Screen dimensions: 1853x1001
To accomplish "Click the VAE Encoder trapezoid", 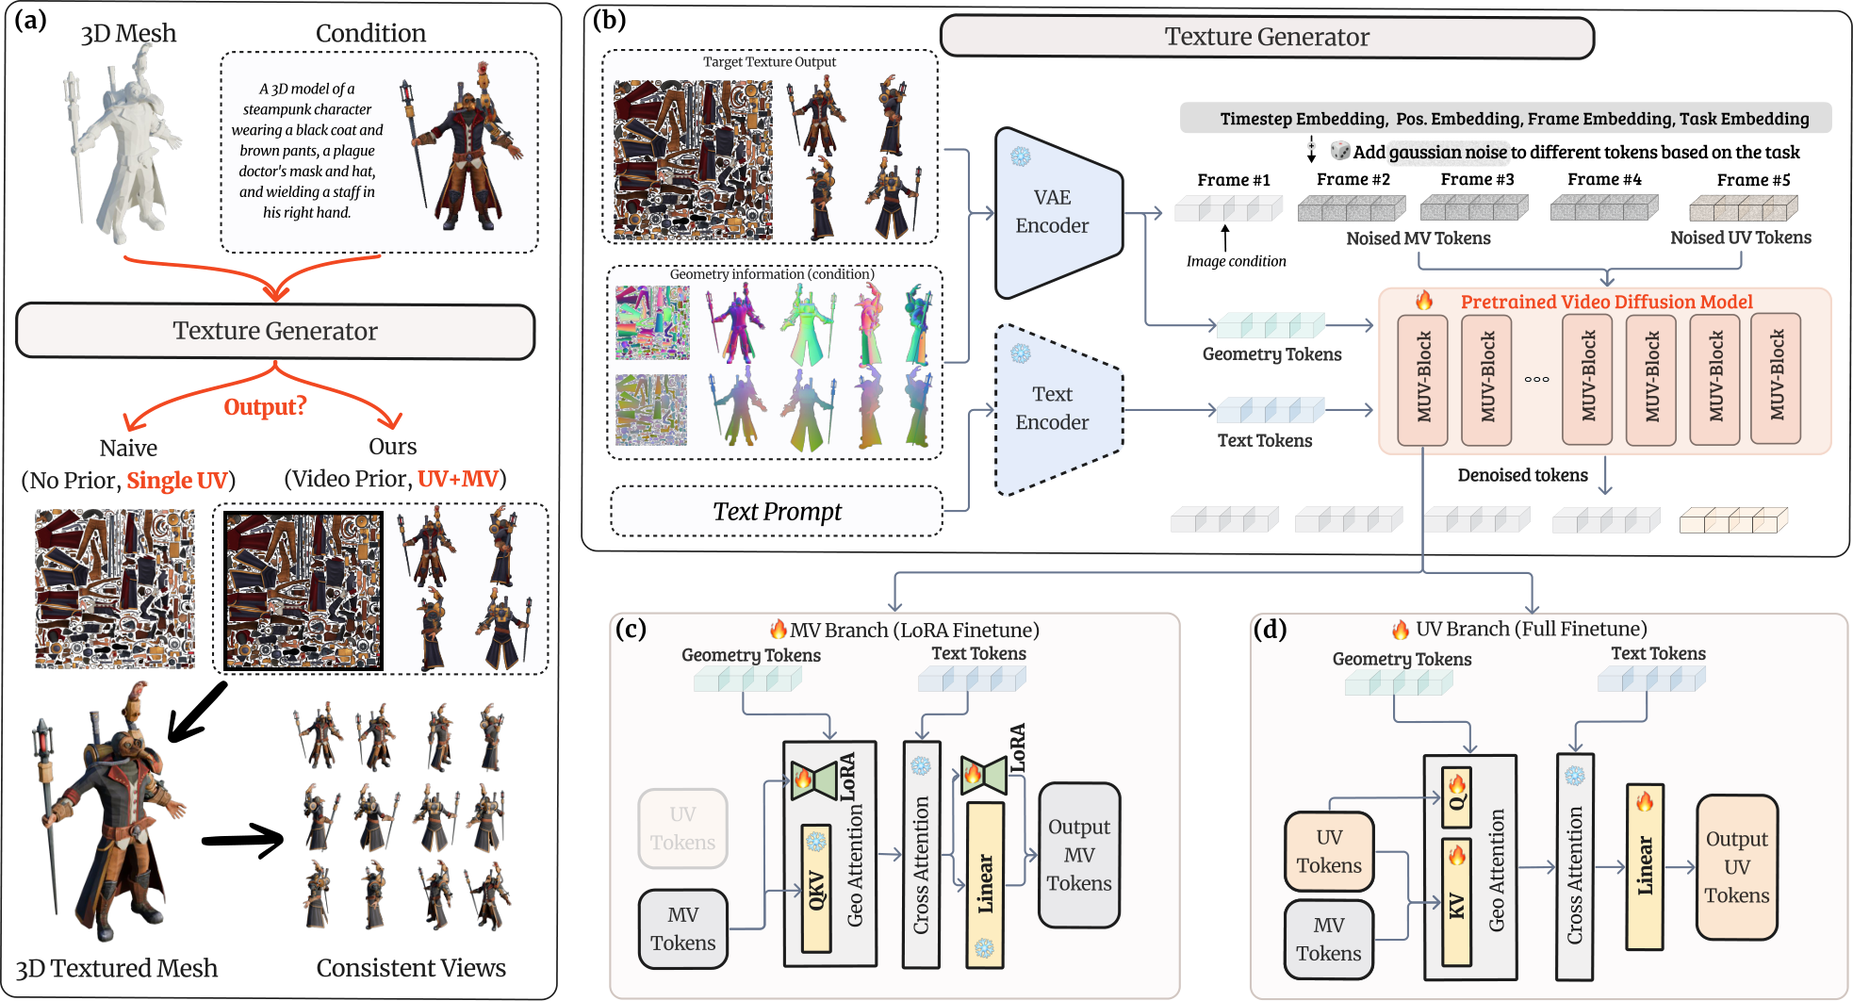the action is (1058, 213).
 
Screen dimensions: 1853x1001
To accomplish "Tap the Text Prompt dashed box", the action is (777, 511).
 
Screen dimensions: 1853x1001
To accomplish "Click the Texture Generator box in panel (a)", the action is (275, 331).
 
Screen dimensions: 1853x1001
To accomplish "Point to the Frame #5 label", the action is (1753, 180).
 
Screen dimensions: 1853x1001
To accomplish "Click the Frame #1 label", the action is (1234, 180).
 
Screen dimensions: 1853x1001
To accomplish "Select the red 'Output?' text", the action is (265, 407).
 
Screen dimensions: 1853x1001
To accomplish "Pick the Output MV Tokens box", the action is (1079, 855).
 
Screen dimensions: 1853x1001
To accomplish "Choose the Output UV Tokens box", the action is (1737, 867).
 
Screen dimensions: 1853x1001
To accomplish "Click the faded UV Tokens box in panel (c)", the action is (682, 829).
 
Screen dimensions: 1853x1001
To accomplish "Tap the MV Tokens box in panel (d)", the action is (1329, 939).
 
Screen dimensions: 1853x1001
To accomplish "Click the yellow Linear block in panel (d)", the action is (1645, 866).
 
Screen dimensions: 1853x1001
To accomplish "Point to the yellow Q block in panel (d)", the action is (1456, 797).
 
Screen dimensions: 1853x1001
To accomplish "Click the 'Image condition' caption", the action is (1236, 261).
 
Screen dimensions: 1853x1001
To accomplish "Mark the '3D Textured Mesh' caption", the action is (117, 968).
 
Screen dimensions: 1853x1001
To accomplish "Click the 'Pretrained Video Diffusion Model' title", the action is (1606, 302).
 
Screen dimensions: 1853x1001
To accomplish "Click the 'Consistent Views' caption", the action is (411, 968).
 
